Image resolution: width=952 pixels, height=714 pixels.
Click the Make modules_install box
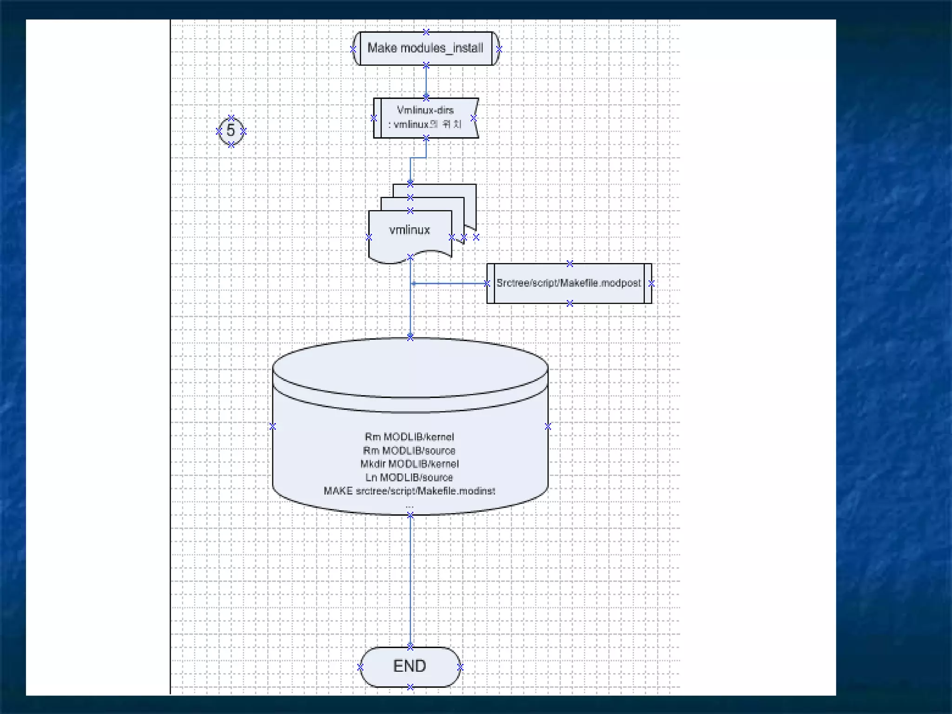(x=425, y=48)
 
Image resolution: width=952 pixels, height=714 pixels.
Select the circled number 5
(x=231, y=131)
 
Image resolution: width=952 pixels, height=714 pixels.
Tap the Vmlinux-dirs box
(x=425, y=118)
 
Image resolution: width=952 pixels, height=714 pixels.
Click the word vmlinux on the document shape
(x=409, y=230)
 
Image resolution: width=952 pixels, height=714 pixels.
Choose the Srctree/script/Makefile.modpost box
(x=569, y=283)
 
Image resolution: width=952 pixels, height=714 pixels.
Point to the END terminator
(x=410, y=666)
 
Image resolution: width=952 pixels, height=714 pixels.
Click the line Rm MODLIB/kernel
(x=409, y=437)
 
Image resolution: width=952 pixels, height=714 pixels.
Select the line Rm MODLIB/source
(x=409, y=450)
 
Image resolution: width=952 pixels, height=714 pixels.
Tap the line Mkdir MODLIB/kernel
(x=409, y=464)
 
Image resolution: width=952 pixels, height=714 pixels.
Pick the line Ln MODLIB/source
(x=409, y=477)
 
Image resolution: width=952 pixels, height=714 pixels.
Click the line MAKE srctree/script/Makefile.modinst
(x=409, y=491)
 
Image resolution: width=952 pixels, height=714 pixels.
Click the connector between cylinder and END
(x=410, y=581)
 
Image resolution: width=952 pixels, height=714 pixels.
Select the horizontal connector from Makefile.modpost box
(x=449, y=283)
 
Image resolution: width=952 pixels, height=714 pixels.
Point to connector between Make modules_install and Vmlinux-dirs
(x=426, y=82)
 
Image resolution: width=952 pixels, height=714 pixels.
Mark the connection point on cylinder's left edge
(x=273, y=426)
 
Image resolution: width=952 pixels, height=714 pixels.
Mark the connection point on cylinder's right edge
(x=548, y=426)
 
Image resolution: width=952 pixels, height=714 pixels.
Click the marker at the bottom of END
(x=410, y=687)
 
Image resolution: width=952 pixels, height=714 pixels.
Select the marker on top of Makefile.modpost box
(x=569, y=264)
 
